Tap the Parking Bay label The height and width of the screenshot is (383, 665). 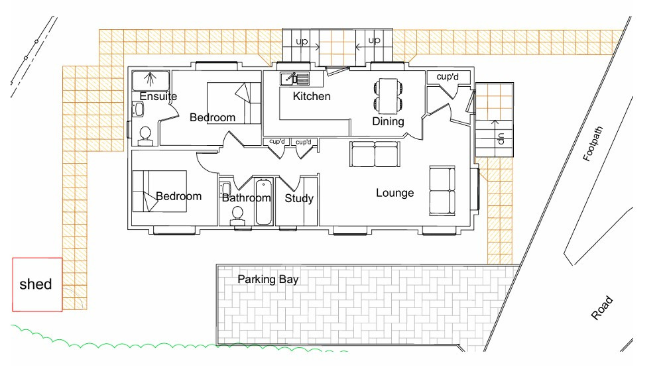[268, 279]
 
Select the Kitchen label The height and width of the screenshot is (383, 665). [312, 96]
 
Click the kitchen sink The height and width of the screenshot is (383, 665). [295, 78]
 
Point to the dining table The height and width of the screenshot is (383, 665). [388, 96]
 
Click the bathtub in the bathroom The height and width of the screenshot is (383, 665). [263, 201]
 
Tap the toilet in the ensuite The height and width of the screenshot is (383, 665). [145, 135]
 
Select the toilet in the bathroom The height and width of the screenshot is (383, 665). [237, 215]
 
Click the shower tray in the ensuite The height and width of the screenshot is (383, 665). [151, 81]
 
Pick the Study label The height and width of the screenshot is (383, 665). [299, 198]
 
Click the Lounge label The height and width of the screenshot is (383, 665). [395, 193]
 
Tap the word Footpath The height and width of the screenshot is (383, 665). [593, 144]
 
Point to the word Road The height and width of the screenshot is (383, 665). [602, 308]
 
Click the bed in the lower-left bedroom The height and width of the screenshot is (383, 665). [160, 191]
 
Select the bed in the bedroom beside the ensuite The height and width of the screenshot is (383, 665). [233, 103]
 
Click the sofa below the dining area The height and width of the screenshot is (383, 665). [375, 154]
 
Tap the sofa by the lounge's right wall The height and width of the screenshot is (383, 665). [442, 191]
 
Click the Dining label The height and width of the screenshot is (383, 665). [388, 122]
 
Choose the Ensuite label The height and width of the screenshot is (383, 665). [158, 97]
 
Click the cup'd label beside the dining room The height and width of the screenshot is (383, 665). [448, 77]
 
